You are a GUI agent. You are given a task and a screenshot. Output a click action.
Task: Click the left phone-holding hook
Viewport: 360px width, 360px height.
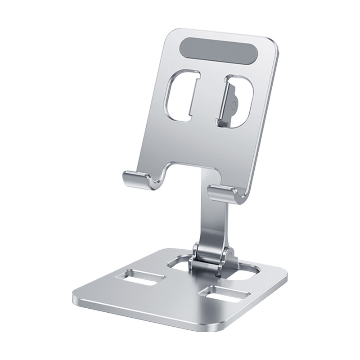(137, 180)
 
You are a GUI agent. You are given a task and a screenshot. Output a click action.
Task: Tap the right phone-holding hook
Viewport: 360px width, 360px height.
(225, 193)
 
